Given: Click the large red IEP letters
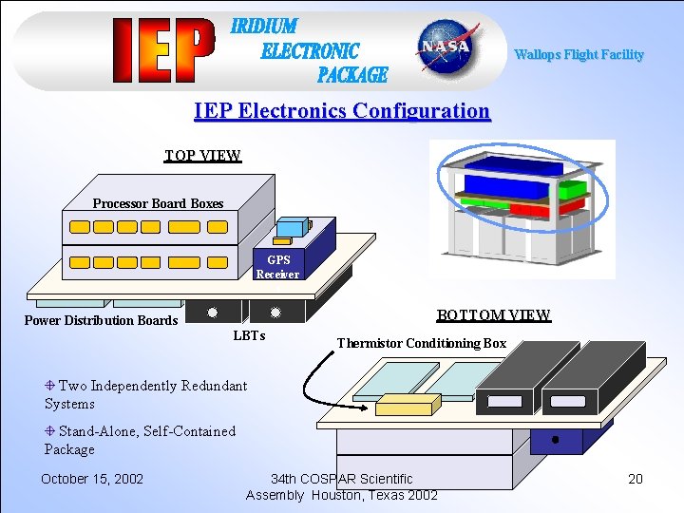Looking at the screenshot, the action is click(x=161, y=50).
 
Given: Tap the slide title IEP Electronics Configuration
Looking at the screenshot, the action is click(x=342, y=111).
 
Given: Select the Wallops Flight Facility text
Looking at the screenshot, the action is click(x=579, y=55).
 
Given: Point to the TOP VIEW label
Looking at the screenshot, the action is click(x=202, y=156).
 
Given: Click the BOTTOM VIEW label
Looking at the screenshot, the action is click(x=493, y=315).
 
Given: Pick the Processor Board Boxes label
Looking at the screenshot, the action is click(x=158, y=203).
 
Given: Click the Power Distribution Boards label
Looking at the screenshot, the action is click(x=101, y=320).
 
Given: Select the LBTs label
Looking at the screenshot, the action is click(x=249, y=336).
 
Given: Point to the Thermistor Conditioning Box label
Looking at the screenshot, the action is click(x=422, y=343).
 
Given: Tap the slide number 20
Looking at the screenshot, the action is click(x=636, y=479).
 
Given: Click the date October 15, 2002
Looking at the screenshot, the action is click(x=92, y=478).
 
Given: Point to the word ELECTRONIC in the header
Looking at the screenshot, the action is click(x=310, y=50).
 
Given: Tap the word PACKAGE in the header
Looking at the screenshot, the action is click(x=352, y=74).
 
